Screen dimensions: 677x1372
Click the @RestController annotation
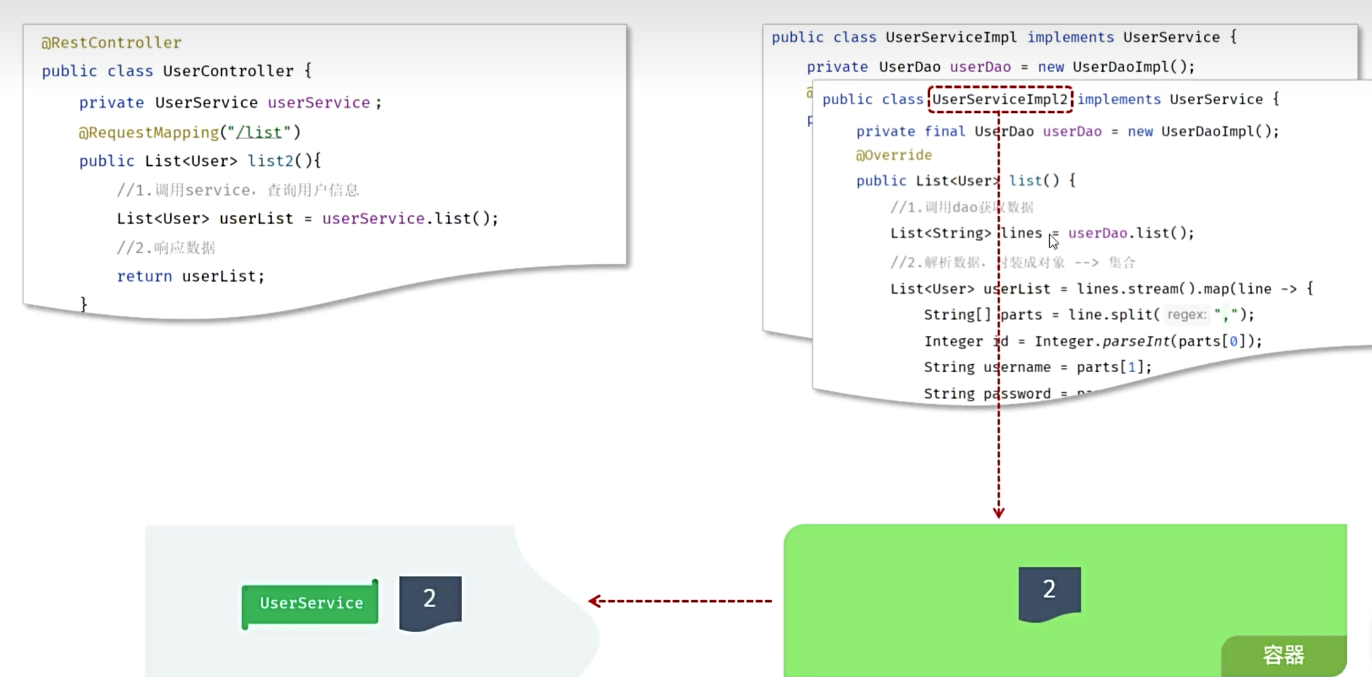[111, 42]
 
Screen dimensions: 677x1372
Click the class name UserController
[228, 71]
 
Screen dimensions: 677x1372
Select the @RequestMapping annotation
[149, 132]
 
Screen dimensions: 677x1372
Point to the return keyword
[144, 276]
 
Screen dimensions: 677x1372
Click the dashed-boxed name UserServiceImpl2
[1000, 100]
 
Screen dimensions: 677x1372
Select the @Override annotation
[894, 155]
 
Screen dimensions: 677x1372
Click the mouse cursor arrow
[1053, 241]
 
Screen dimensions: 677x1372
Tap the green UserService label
[311, 603]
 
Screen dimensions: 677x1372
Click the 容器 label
[1284, 655]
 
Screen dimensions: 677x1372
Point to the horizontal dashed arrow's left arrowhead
[593, 601]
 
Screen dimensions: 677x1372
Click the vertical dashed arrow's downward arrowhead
[999, 512]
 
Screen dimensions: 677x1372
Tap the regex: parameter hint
[1187, 315]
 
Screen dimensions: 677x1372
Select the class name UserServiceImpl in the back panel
[950, 37]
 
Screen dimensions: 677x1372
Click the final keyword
[944, 131]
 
